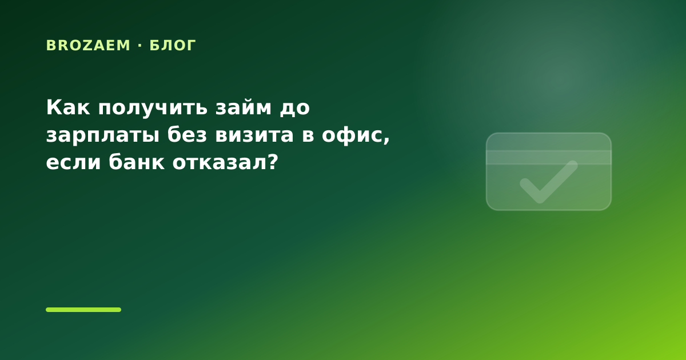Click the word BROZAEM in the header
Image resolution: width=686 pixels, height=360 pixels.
[88, 45]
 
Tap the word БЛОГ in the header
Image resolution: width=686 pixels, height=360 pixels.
[173, 45]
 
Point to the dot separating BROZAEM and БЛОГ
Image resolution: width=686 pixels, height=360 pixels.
[140, 45]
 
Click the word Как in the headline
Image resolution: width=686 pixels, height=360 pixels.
[68, 107]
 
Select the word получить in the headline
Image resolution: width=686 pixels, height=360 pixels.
[153, 109]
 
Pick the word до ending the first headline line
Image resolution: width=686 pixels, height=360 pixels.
[294, 108]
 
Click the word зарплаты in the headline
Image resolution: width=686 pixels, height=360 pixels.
[102, 136]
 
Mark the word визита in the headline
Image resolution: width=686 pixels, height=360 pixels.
[254, 135]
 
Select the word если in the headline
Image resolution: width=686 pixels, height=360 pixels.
[73, 162]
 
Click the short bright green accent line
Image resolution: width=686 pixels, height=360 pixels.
[83, 310]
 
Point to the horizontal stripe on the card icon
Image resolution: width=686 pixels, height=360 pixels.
[549, 157]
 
